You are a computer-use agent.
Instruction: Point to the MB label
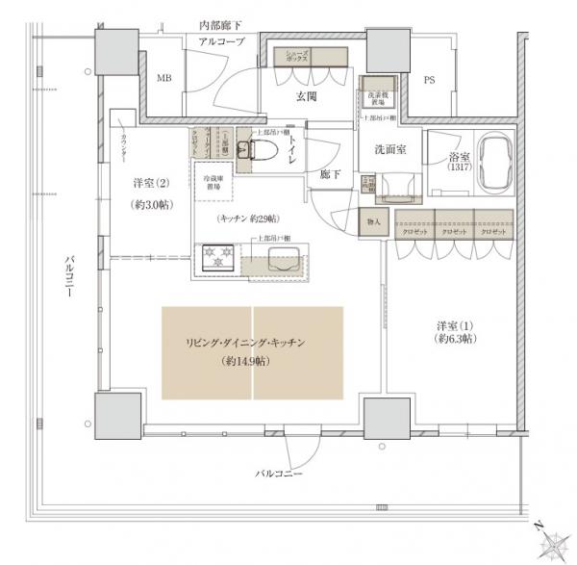pyautogui.click(x=164, y=79)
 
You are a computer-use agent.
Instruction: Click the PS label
pyautogui.click(x=429, y=81)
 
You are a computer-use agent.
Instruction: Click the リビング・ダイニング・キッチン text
pyautogui.click(x=252, y=344)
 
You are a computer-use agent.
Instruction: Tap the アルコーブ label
pyautogui.click(x=221, y=43)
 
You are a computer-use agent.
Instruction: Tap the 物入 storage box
pyautogui.click(x=373, y=222)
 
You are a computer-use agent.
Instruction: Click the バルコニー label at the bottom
pyautogui.click(x=279, y=475)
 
